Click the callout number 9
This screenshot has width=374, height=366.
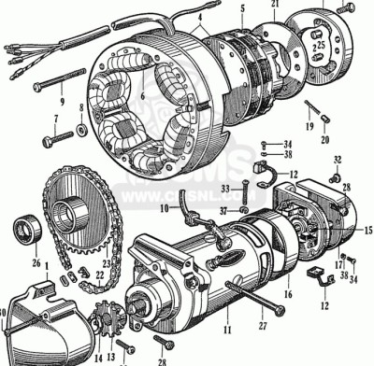click(62, 102)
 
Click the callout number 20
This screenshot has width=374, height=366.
click(325, 141)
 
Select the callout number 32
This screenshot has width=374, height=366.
click(338, 158)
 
